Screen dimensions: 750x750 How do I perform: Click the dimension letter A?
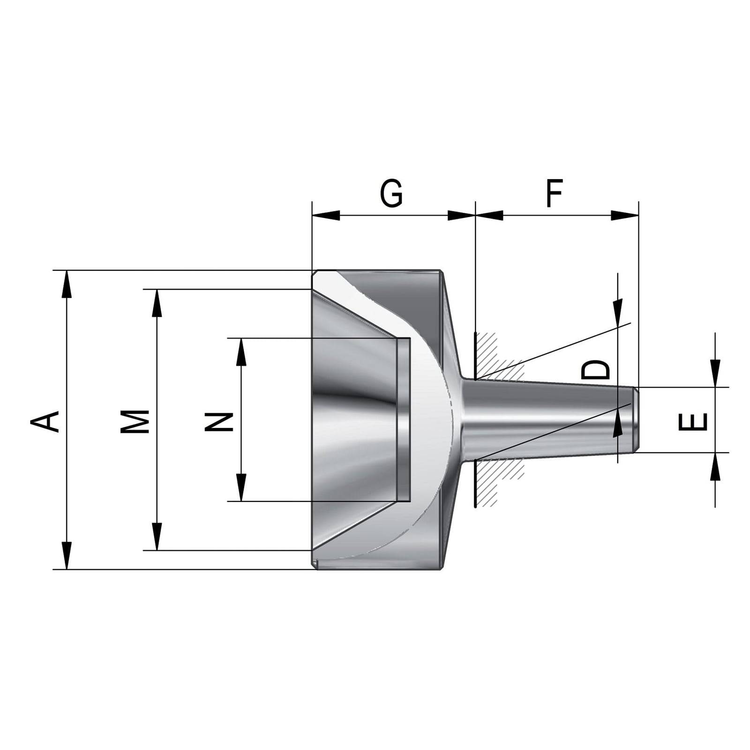pos(45,420)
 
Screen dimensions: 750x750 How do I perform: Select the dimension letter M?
pos(135,420)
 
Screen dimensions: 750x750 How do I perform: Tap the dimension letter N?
pos(220,421)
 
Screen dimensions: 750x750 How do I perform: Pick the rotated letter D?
pos(596,370)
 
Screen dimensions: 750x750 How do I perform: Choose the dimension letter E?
pos(693,421)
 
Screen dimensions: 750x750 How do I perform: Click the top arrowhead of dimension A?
pos(67,284)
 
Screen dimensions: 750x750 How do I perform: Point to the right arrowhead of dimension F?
pos(624,215)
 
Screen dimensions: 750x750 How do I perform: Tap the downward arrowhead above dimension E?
pos(715,373)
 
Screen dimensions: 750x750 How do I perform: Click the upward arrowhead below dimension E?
pos(715,467)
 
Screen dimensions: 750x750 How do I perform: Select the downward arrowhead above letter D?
pos(618,309)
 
